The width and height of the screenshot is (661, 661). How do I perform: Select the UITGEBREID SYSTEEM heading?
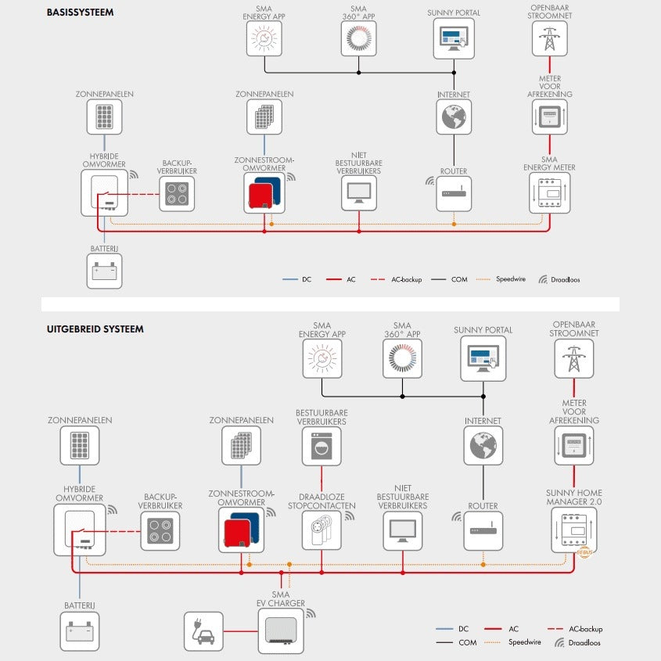pyautogui.click(x=95, y=329)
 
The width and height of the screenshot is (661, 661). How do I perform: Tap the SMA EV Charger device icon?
pyautogui.click(x=281, y=630)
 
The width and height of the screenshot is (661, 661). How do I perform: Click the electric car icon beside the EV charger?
pyautogui.click(x=203, y=631)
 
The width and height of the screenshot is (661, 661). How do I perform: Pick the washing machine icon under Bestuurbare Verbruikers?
pyautogui.click(x=322, y=447)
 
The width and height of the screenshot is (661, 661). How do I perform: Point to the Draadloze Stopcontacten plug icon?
pyautogui.click(x=321, y=530)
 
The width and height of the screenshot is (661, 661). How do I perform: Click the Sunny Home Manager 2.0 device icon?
pyautogui.click(x=573, y=530)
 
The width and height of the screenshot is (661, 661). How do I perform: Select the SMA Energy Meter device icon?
pyautogui.click(x=550, y=192)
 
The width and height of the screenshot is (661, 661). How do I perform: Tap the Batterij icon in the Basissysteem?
pyautogui.click(x=104, y=271)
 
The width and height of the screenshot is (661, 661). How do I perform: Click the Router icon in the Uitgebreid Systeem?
pyautogui.click(x=483, y=530)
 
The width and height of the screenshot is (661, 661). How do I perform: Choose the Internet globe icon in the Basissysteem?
pyautogui.click(x=454, y=118)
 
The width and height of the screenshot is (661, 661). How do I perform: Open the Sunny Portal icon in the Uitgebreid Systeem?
pyautogui.click(x=483, y=358)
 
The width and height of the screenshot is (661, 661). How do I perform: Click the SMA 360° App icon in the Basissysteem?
pyautogui.click(x=359, y=37)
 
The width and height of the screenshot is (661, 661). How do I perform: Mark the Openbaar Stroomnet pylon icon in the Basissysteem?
pyautogui.click(x=550, y=37)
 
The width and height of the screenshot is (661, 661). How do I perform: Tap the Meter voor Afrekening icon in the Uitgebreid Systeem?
pyautogui.click(x=573, y=447)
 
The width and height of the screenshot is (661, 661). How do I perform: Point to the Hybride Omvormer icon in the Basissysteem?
pyautogui.click(x=104, y=192)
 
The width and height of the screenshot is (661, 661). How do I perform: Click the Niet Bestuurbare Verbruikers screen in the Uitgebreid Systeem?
pyautogui.click(x=402, y=530)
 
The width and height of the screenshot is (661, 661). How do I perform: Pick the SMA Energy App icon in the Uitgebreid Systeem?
pyautogui.click(x=322, y=358)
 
